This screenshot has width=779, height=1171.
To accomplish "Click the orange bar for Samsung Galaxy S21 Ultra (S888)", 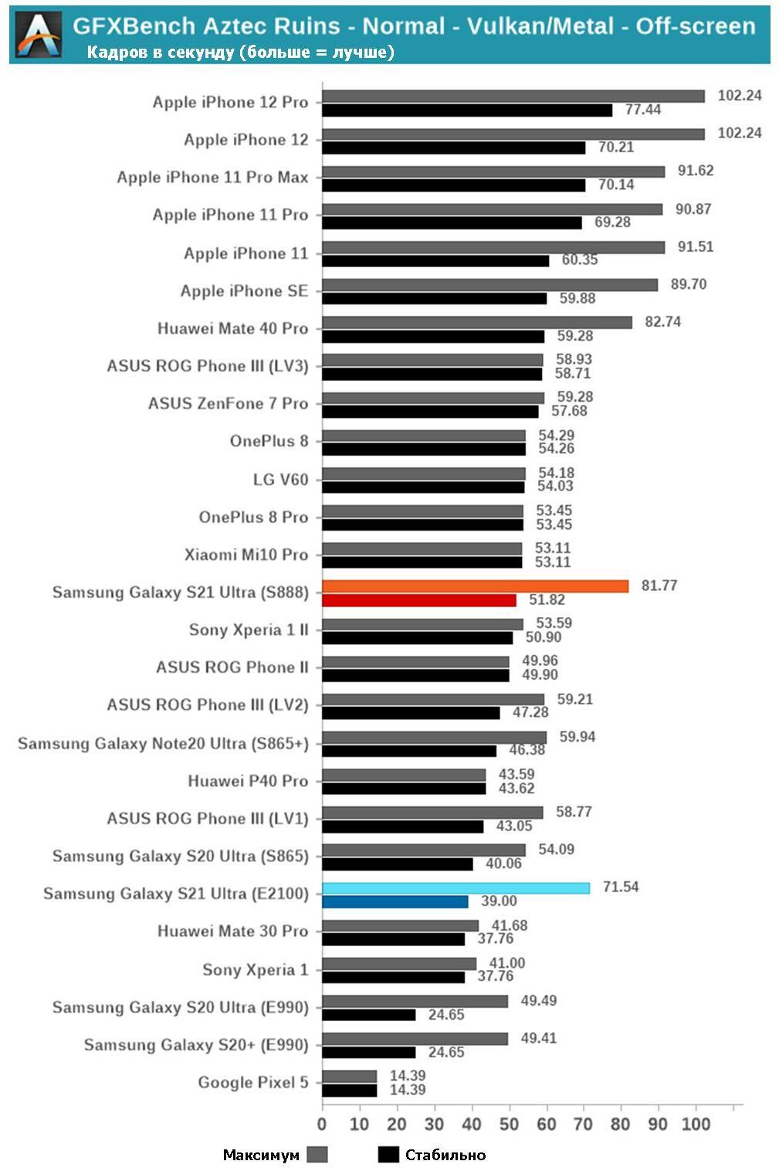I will click(475, 586).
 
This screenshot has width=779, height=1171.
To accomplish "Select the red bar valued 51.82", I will click(418, 600).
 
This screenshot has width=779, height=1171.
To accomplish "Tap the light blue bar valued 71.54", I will click(456, 888).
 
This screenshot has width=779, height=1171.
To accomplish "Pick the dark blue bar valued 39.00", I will click(395, 901).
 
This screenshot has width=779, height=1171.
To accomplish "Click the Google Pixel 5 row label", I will click(252, 1082).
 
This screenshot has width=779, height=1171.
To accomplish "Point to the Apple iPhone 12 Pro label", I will click(230, 102).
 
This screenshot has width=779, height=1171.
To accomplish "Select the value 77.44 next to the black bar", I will click(643, 110).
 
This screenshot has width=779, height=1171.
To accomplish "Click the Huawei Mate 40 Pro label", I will click(232, 328).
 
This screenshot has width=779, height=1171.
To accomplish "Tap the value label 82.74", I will click(662, 321).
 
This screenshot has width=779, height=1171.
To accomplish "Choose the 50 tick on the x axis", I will click(509, 1123).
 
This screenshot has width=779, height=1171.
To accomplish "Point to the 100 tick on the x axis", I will click(696, 1123).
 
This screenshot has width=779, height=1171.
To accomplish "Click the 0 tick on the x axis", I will click(322, 1123).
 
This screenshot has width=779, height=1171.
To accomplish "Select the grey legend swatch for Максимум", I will click(317, 1155).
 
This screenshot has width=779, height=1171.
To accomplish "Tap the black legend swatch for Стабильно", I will click(388, 1155).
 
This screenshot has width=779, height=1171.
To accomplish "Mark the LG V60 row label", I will click(280, 480).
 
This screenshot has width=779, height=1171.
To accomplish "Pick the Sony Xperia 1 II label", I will click(248, 630).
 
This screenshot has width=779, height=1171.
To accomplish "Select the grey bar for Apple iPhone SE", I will click(489, 285).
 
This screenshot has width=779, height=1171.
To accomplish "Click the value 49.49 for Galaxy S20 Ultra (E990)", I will click(538, 1000).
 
